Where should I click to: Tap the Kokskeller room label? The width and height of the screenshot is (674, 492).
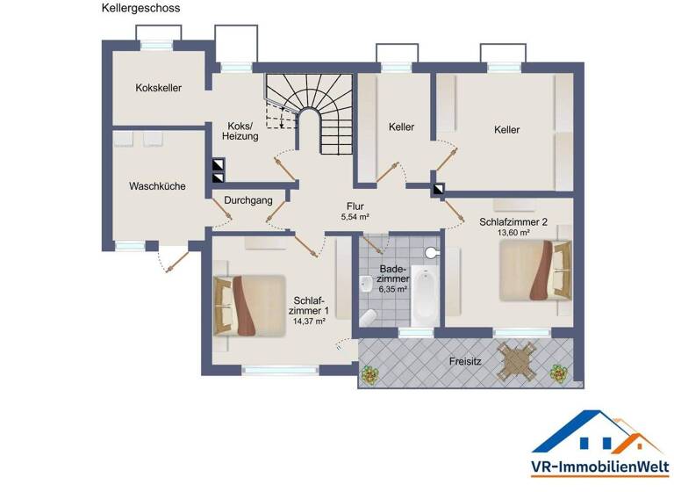click(x=159, y=88)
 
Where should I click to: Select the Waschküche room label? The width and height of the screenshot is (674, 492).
click(x=157, y=186)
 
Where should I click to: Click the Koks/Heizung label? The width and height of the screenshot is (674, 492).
click(x=240, y=131)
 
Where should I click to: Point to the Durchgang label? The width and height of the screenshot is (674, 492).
click(x=247, y=200)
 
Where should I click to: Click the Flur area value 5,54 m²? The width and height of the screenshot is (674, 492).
click(x=355, y=216)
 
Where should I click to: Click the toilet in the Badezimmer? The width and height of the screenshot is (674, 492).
click(x=369, y=315)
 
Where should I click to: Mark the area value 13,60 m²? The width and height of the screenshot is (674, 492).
click(x=513, y=234)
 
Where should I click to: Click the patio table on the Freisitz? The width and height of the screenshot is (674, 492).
click(x=515, y=359)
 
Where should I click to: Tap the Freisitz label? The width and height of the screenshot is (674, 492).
click(x=465, y=360)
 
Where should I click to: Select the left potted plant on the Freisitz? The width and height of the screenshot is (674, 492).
click(x=371, y=375)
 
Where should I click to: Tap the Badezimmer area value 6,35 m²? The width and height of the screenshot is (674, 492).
click(x=391, y=289)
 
